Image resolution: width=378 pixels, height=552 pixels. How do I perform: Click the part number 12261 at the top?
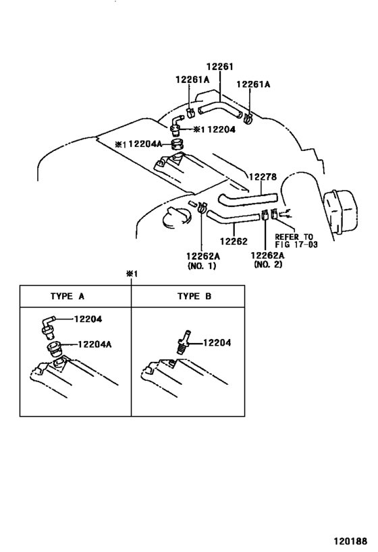(x=219, y=67)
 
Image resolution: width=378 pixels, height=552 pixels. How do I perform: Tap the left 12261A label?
(x=192, y=80)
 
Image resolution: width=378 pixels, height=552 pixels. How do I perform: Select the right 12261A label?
(x=253, y=84)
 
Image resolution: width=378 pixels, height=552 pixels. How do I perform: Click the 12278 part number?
(x=263, y=177)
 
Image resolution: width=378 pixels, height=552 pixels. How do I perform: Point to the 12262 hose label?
(x=234, y=241)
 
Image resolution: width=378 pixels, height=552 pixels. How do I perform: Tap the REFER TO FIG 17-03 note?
(x=296, y=241)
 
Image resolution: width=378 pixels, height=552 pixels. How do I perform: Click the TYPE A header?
(x=67, y=296)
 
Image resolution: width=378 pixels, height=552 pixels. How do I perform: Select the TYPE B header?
(x=194, y=296)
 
